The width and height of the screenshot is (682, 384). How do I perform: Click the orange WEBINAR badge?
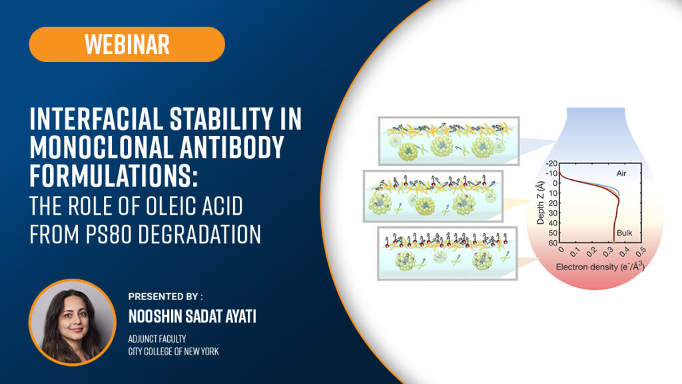(x=127, y=44)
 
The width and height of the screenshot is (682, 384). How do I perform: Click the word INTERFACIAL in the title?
(x=95, y=119)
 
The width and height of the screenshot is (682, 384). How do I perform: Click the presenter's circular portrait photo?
(x=72, y=322)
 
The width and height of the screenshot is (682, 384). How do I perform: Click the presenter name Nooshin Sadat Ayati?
(x=192, y=316)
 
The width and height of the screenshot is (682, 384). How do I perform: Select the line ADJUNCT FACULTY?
(x=157, y=339)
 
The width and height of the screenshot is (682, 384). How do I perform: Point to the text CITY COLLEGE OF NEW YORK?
(x=174, y=351)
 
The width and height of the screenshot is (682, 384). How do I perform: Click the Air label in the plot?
(x=621, y=173)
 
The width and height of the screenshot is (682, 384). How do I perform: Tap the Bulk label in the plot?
(x=624, y=233)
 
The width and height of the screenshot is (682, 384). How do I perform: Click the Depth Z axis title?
(x=541, y=203)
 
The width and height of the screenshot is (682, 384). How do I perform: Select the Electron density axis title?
(x=600, y=267)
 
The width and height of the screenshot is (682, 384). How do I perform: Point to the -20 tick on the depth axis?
(x=551, y=163)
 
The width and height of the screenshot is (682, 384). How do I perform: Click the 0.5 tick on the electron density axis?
(x=641, y=251)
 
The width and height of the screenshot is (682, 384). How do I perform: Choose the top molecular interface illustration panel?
(x=449, y=141)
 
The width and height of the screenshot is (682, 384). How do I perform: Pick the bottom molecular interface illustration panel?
(x=447, y=253)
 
